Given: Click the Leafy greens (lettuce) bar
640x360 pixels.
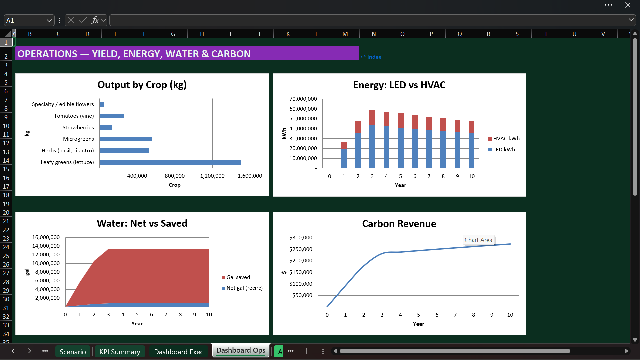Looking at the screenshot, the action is click(170, 162).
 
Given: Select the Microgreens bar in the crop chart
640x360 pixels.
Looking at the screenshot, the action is click(126, 139).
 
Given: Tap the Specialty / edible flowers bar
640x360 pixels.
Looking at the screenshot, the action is click(102, 104).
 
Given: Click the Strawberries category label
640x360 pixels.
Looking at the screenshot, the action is click(78, 127).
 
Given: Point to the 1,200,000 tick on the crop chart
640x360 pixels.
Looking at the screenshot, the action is click(212, 176).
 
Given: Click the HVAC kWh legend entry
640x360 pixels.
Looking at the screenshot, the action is click(504, 139).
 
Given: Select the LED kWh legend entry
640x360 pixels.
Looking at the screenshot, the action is click(502, 150).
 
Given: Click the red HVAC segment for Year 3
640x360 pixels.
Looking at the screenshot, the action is click(372, 118).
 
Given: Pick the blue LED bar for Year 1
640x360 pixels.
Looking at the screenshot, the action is click(344, 158).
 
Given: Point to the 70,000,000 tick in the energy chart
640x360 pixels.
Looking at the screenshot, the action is click(303, 99).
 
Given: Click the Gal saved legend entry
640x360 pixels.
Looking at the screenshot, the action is click(236, 277).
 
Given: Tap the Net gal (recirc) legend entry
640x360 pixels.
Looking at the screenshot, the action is click(242, 288).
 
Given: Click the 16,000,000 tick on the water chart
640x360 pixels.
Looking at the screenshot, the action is click(46, 237).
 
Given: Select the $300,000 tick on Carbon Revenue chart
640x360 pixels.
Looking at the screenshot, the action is click(301, 238).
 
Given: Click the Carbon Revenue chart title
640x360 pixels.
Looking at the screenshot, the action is click(399, 224).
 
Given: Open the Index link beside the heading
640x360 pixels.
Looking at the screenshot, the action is click(371, 57).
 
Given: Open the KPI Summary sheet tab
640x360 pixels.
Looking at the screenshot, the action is click(120, 352).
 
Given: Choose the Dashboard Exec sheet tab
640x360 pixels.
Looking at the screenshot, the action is click(179, 352).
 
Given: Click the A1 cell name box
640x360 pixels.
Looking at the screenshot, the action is click(29, 20).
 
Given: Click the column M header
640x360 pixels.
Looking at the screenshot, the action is click(345, 34).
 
